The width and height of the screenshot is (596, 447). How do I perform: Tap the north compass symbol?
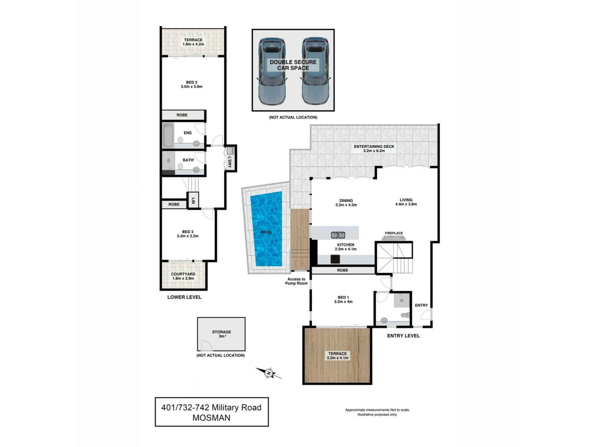[269, 373]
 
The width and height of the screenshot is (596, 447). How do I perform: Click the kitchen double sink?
[338, 235]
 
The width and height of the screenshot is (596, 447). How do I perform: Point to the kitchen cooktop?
[335, 259]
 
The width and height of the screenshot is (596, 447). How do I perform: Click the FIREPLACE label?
[394, 233]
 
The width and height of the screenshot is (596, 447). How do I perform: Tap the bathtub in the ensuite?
[168, 135]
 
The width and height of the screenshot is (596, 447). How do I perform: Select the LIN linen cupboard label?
[193, 200]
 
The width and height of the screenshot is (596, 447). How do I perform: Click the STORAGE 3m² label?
[221, 334]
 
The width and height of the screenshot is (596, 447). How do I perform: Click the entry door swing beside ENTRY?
[427, 314]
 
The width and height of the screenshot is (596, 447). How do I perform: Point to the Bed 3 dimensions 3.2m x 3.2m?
[187, 236]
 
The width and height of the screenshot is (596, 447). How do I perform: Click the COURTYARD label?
[183, 274]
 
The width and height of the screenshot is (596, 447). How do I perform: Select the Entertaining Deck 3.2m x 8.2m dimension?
[374, 151]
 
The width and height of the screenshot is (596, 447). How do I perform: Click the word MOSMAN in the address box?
[211, 418]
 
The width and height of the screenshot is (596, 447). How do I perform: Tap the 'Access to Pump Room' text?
[296, 281]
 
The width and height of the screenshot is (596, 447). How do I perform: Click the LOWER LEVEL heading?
[184, 297]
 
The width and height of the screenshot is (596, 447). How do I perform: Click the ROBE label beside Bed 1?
[342, 270]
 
